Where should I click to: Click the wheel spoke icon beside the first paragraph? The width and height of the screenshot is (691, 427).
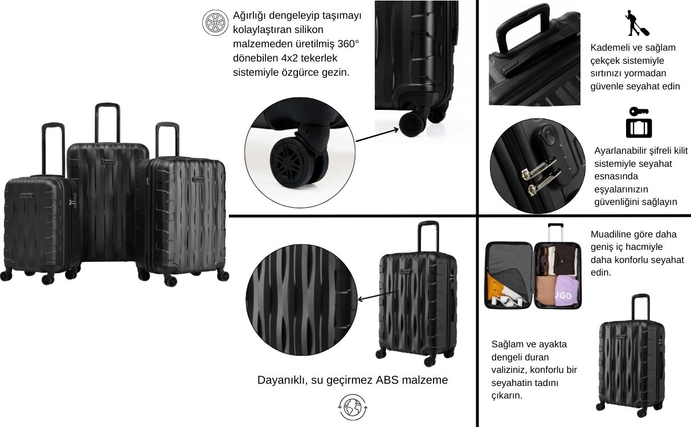click(215, 23)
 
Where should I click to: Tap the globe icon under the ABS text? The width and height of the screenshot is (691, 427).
click(353, 407)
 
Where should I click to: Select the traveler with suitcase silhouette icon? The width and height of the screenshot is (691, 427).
click(637, 23)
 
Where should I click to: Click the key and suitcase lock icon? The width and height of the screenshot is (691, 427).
click(639, 122)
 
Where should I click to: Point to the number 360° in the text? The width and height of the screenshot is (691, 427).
click(348, 44)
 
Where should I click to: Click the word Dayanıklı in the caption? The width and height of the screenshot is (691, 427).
click(282, 380)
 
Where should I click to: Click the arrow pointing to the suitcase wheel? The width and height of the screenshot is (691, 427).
click(377, 135)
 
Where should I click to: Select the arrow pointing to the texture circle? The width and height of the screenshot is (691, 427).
click(378, 295)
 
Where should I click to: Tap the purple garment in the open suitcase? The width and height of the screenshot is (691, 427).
click(567, 291)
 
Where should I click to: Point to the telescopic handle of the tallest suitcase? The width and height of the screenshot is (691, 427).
click(107, 123)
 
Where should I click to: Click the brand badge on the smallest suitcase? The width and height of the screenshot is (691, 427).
click(27, 195)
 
